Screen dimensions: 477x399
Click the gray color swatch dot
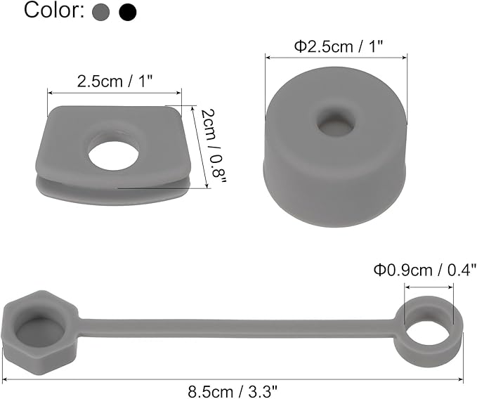pos(100,12)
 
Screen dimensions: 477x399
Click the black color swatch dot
pos(128,12)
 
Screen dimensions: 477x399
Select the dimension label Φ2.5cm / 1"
pos(338,47)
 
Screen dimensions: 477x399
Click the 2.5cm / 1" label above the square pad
pos(115,81)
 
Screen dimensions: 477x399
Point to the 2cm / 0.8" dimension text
pos(214,147)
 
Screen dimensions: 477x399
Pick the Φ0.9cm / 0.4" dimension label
pos(425,270)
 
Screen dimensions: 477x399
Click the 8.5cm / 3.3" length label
pos(233,392)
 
